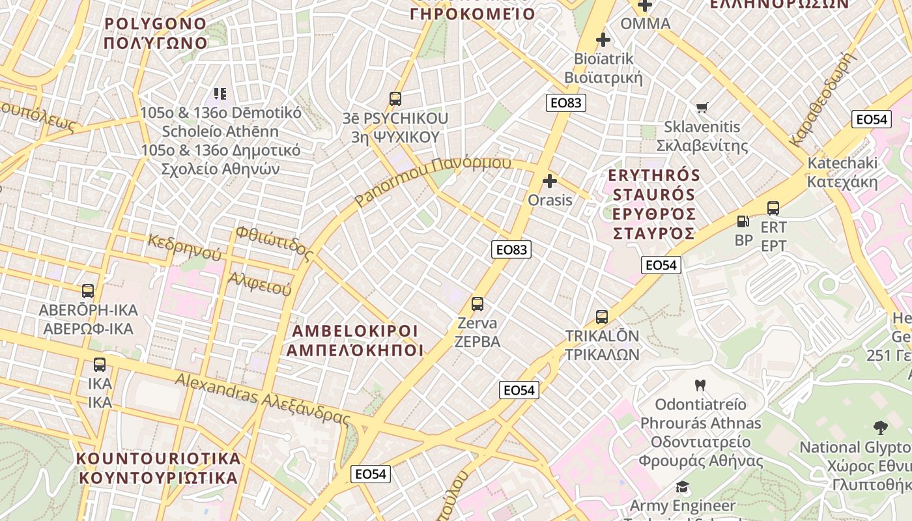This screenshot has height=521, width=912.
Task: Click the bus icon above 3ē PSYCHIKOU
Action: pos(395,99)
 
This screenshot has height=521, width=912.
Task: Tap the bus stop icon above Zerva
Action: pos(477,304)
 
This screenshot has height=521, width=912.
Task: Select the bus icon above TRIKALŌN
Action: pos(602,317)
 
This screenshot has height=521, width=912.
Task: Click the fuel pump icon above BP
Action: pos(743,221)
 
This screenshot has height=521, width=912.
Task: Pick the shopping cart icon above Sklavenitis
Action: pos(702,107)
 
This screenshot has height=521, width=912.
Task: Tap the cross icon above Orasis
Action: pos(550,180)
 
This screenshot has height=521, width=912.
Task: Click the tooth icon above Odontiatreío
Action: pos(700,385)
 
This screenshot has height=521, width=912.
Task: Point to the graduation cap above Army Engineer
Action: pos(682,486)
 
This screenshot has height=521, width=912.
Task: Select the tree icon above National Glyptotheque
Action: pos(880,428)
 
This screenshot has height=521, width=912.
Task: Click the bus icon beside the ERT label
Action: pos(773,208)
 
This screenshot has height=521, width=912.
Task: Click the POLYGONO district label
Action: pos(156,24)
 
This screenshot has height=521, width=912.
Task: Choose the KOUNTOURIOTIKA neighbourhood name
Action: pos(158,458)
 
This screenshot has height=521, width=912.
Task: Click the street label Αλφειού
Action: pos(259,284)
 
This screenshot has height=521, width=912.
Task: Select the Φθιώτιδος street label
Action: pos(274,242)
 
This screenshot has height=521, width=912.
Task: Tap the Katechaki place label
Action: pos(842,163)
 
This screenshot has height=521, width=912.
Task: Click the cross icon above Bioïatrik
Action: pos(603,40)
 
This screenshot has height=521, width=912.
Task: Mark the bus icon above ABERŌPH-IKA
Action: pos(88,291)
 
